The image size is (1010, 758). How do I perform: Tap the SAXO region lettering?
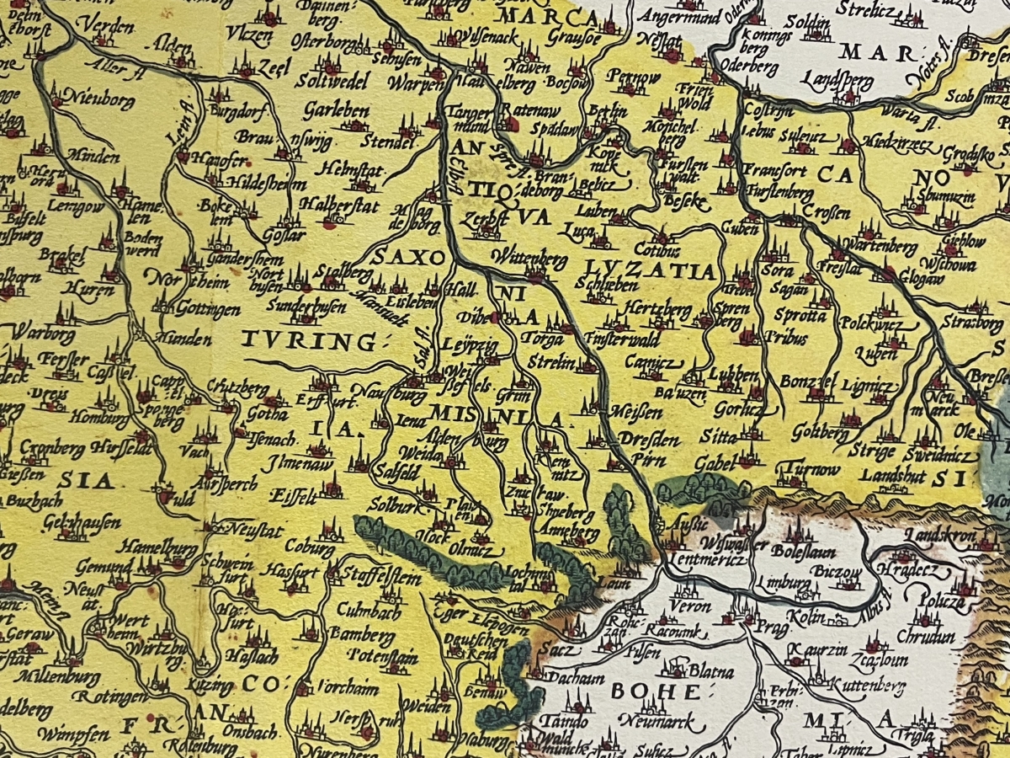pyautogui.click(x=408, y=259)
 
